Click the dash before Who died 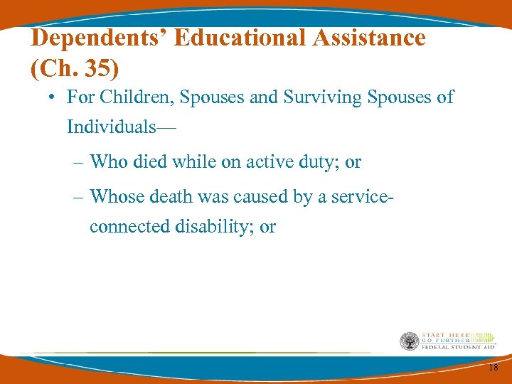click(79, 163)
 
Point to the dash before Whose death click(79, 196)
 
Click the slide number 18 click(494, 366)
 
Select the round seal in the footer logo click(410, 341)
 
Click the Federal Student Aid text click(457, 347)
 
